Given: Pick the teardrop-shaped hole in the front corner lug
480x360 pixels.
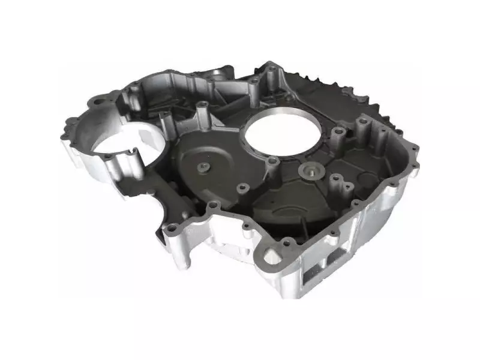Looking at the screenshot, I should click(x=272, y=257).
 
